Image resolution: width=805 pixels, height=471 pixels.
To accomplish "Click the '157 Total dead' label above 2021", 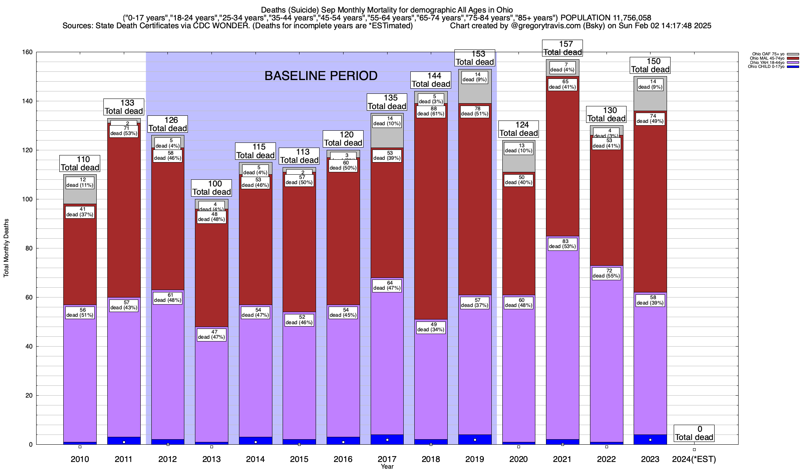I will [x=562, y=48].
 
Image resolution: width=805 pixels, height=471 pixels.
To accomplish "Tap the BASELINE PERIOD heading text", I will [x=321, y=76].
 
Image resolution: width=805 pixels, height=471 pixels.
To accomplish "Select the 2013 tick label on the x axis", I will [x=211, y=459].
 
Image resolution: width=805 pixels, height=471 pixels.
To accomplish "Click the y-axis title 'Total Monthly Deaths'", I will [x=6, y=248].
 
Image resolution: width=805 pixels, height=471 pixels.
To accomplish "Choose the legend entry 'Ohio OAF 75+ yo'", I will [x=768, y=54].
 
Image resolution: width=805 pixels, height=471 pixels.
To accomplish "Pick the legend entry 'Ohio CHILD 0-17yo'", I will [x=766, y=67].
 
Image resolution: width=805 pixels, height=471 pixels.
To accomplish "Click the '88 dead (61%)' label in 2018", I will [x=431, y=111].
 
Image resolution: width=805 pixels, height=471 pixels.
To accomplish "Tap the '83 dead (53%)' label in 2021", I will [x=562, y=244].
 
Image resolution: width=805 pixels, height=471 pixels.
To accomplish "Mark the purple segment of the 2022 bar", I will [x=607, y=353].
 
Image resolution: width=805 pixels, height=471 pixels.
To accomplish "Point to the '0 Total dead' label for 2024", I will [x=694, y=433].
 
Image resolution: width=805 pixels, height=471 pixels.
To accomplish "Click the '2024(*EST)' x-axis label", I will [x=694, y=459].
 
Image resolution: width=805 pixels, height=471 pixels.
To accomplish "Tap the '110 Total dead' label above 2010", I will [x=80, y=164].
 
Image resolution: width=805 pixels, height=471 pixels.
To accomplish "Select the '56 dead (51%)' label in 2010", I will [x=80, y=313].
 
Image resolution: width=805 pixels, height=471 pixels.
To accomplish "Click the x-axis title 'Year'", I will [x=387, y=467].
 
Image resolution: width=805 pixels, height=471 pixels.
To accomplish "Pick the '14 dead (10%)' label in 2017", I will [x=387, y=121].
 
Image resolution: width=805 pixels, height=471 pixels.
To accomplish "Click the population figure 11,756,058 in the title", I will [x=626, y=18].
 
